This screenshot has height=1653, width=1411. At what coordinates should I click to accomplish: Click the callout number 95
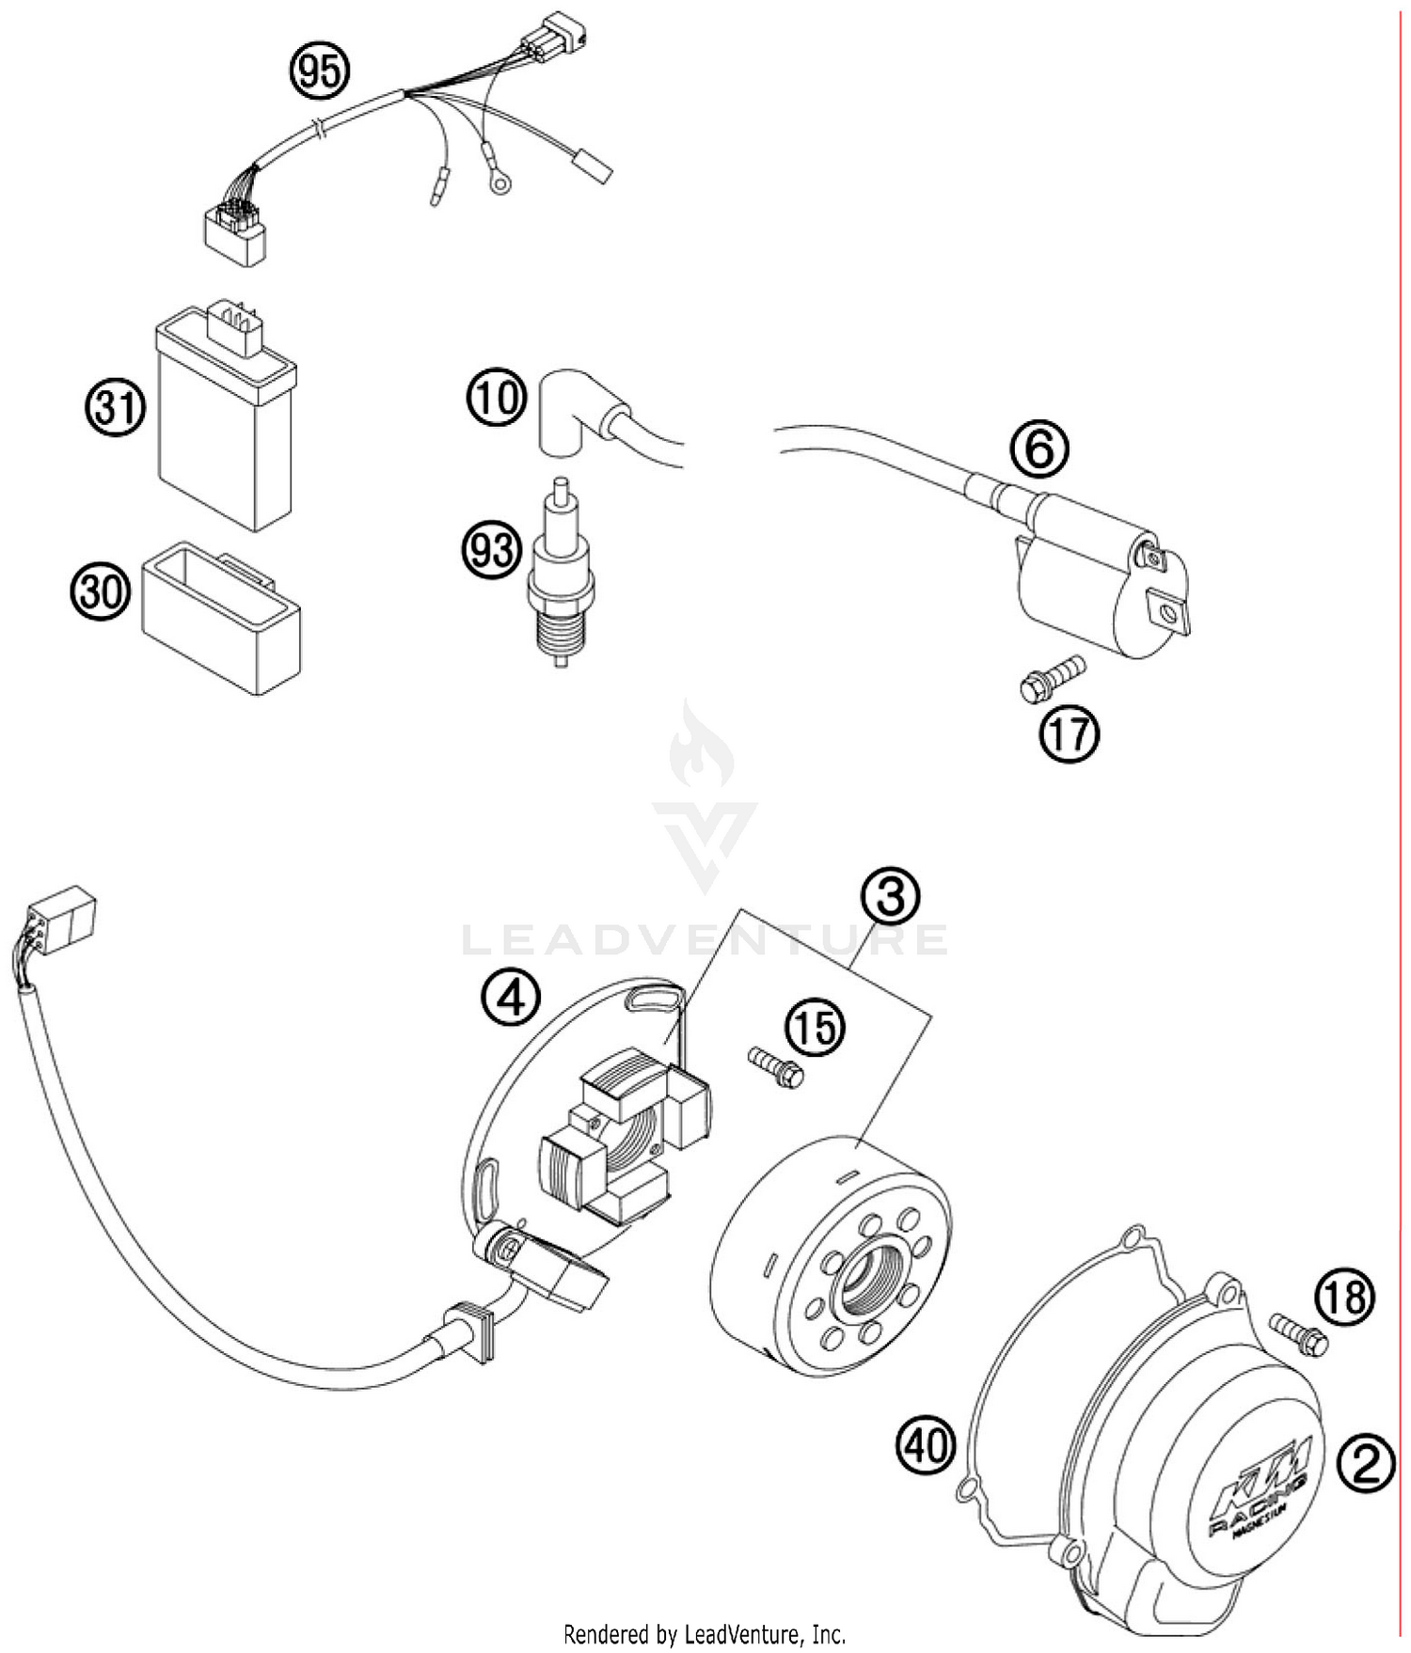[320, 71]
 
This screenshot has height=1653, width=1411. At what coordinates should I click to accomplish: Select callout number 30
[101, 592]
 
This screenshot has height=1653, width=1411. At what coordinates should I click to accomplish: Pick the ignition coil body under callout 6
[1101, 583]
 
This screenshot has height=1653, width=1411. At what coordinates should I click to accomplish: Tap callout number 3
[890, 896]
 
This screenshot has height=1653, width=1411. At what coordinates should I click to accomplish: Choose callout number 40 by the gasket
[926, 1443]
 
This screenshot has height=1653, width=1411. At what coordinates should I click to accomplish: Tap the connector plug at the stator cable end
[62, 914]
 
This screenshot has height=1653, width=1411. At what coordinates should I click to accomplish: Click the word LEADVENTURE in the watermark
[705, 938]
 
